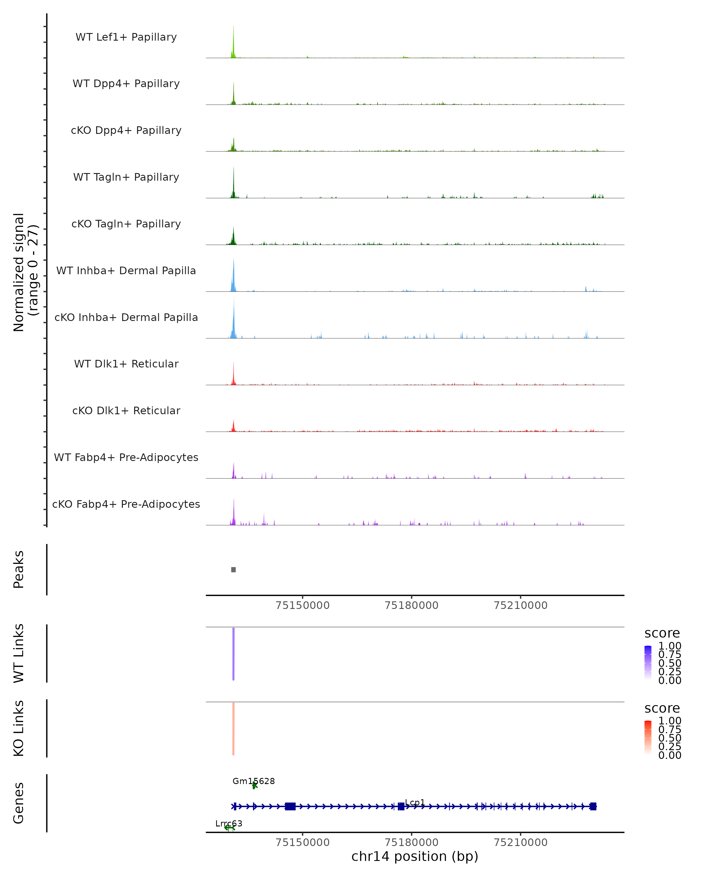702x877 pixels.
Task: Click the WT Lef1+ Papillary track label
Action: click(x=126, y=37)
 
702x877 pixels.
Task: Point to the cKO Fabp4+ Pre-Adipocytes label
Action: click(x=126, y=504)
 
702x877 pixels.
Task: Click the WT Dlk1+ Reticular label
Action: click(x=126, y=364)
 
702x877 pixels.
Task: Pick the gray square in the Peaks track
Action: click(x=233, y=569)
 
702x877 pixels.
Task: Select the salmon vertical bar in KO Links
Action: click(x=233, y=728)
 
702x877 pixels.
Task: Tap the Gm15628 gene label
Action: click(x=254, y=781)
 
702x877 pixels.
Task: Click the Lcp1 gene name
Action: click(x=415, y=802)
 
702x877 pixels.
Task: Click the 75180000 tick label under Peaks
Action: click(x=412, y=605)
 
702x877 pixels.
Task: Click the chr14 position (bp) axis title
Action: click(x=415, y=857)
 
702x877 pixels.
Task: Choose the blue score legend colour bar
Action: click(x=648, y=663)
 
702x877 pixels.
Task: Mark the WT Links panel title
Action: click(x=19, y=653)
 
